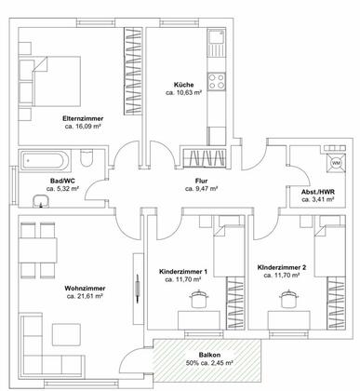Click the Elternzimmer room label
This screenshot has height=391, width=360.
(83, 118)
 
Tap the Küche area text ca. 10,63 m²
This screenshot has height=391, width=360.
(184, 92)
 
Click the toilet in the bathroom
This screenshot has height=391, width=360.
(87, 157)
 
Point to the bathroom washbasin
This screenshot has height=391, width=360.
(41, 201)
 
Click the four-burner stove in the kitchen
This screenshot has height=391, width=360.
(217, 82)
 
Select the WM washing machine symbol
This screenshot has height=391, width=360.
(336, 163)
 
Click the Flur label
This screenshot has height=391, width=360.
(201, 181)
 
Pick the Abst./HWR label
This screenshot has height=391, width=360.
(318, 192)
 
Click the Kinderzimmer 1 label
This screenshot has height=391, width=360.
(183, 272)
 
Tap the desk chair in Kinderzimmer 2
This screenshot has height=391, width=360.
(289, 299)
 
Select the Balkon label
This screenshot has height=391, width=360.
(209, 355)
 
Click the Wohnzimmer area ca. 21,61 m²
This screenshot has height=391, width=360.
(85, 296)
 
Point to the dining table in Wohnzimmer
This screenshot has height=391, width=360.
(38, 250)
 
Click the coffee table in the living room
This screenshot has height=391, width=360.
(66, 334)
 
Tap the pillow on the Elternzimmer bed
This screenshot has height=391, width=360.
(26, 70)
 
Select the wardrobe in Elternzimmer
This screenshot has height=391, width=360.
(133, 71)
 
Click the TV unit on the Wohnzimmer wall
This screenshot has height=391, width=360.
(139, 289)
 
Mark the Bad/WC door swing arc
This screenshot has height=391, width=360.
(91, 185)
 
